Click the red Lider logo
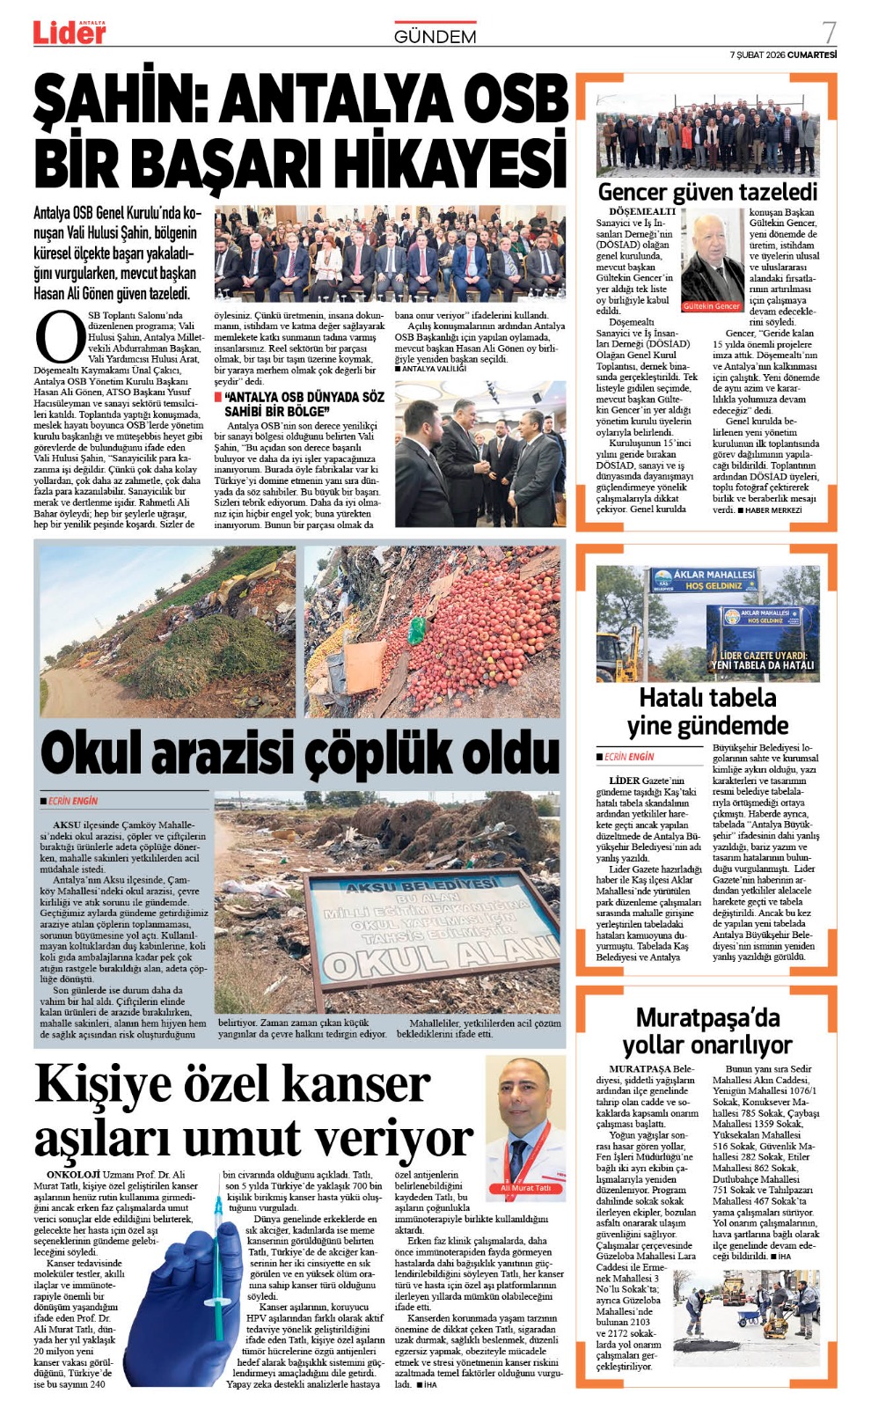click(x=70, y=33)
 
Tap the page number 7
click(x=828, y=33)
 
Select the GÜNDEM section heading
click(x=435, y=37)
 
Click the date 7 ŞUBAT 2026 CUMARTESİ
click(x=782, y=55)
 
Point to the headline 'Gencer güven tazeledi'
click(x=707, y=192)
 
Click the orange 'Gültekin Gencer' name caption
click(x=712, y=306)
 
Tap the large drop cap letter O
click(x=59, y=337)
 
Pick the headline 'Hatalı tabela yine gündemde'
click(x=707, y=712)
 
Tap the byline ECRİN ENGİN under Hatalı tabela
click(x=628, y=757)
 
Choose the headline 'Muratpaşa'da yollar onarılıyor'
click(x=707, y=1031)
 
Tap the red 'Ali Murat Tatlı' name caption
click(x=525, y=1188)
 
